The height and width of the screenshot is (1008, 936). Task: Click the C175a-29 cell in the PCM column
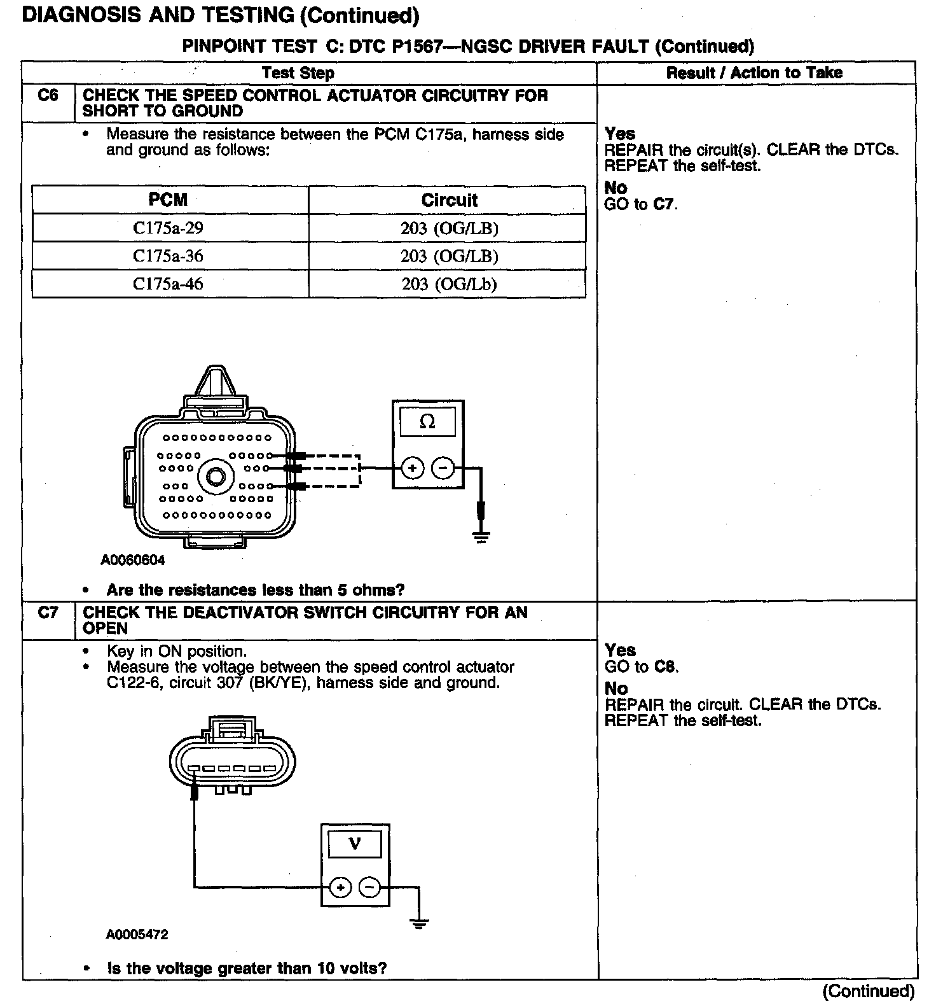[x=168, y=228]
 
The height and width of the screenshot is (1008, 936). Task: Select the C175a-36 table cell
[x=168, y=256]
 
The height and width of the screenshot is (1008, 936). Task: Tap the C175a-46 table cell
[x=168, y=284]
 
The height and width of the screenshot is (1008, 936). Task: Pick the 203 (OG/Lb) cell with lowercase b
[x=449, y=284]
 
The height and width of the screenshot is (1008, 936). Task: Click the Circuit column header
[x=449, y=200]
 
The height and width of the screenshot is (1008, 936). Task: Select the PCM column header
[x=168, y=200]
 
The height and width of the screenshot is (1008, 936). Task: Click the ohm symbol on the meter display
[x=427, y=422]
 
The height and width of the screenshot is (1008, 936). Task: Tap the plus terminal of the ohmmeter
[x=412, y=469]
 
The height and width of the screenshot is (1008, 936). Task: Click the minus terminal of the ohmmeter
[x=443, y=469]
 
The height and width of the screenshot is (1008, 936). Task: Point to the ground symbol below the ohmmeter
[x=481, y=537]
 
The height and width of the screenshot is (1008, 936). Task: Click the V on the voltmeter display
[x=355, y=844]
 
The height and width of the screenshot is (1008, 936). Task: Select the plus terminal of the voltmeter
[x=340, y=887]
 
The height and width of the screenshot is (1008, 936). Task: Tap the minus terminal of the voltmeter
[x=370, y=887]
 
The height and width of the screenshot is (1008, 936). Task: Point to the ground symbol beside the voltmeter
[x=418, y=923]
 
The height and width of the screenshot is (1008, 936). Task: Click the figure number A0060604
[x=133, y=561]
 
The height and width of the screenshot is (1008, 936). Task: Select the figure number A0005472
[x=137, y=935]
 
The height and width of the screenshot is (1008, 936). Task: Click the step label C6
[x=48, y=95]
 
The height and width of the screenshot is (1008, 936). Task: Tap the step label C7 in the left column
[x=48, y=613]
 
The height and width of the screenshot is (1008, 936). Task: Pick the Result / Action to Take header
[x=754, y=73]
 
